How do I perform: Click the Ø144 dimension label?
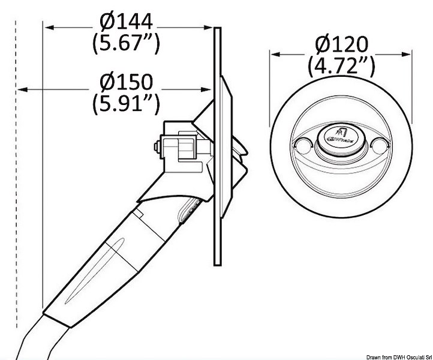126,21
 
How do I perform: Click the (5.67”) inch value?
126,43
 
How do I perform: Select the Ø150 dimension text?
126,82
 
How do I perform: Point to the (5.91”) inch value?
126,103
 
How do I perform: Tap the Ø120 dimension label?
342,44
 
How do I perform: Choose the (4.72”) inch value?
342,66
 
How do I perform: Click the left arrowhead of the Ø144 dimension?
49,28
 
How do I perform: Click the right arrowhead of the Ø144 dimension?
208,28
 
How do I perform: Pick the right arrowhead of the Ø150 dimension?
206,89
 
